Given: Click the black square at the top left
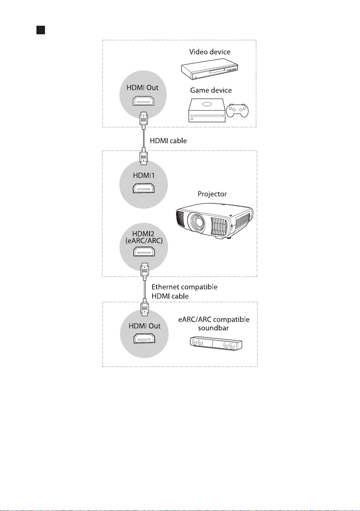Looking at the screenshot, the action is point(41,30).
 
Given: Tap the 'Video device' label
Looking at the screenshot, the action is point(210,52).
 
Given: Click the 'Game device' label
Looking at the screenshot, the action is point(211,90).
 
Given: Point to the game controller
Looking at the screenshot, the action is point(237,111).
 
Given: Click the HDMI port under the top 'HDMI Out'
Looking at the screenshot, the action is point(143,101).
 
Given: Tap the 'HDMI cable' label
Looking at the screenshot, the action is point(168,141).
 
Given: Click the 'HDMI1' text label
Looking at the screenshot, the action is point(144,175).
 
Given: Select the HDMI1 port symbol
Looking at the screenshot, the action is point(144,188).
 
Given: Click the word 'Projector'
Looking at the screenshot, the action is point(212,194).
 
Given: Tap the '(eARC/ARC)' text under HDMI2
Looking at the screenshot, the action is point(144,241).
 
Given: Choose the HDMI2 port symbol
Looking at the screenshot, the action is point(144,252).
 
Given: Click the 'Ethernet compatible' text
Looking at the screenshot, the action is point(184,287).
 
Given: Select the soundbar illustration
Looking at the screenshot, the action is point(216,343).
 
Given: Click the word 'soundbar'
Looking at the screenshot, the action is point(213,328).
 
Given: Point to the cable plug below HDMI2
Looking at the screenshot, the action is point(145,271).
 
